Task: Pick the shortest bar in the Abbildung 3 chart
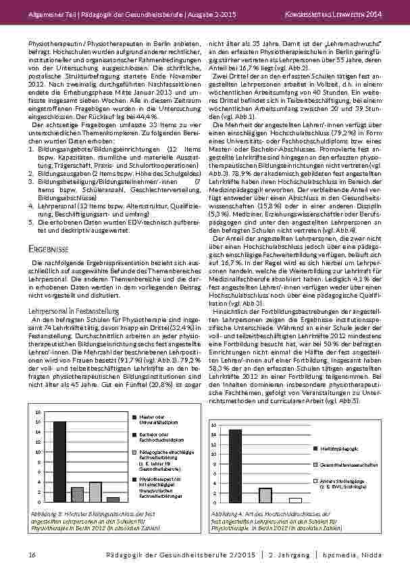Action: pyautogui.click(x=113, y=499)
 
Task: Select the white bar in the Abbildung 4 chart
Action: pyautogui.click(x=295, y=500)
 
